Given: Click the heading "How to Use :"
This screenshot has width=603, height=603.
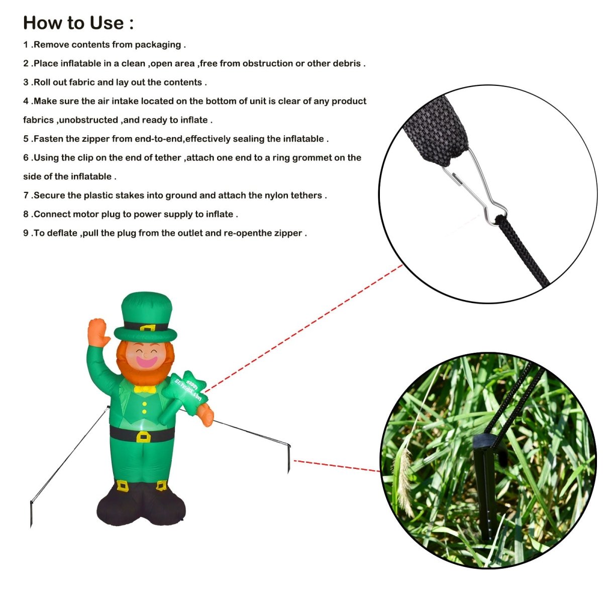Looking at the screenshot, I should click(78, 23).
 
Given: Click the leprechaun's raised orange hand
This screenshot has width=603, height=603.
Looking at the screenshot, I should click(98, 332).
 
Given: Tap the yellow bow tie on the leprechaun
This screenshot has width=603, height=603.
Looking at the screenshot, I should click(145, 388).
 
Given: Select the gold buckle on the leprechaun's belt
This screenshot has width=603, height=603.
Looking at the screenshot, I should click(143, 436).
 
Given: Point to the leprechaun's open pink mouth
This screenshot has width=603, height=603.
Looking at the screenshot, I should click(146, 361).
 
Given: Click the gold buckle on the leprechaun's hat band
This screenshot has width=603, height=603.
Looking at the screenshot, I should click(147, 328).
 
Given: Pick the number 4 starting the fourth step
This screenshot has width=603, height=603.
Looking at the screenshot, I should click(26, 102).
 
